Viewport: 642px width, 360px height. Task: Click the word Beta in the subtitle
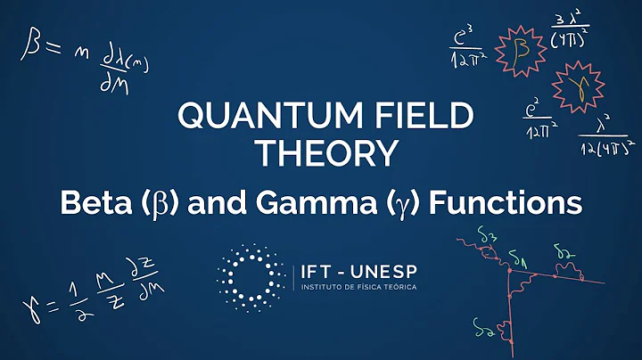pyautogui.click(x=93, y=203)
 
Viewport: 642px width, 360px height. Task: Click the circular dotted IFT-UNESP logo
pyautogui.click(x=251, y=274)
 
